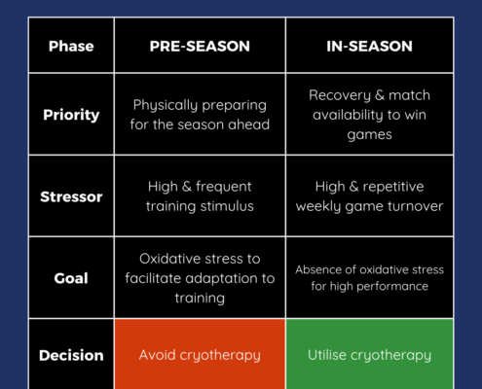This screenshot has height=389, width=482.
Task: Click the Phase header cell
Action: (x=71, y=46)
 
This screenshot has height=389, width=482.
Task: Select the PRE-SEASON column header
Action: (x=200, y=46)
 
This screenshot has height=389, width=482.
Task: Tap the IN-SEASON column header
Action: (x=369, y=46)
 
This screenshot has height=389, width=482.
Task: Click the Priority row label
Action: (x=71, y=115)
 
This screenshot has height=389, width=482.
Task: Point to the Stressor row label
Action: (x=71, y=196)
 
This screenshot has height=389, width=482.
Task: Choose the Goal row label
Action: (x=71, y=278)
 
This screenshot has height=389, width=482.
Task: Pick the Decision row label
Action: (x=71, y=355)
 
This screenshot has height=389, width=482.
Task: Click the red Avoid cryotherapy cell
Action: (x=200, y=354)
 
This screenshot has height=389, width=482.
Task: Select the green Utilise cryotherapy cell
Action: (x=369, y=354)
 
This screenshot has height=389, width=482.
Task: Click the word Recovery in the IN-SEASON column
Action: (x=340, y=95)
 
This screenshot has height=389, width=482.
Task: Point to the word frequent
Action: (x=224, y=187)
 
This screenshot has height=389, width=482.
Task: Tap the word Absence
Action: (x=314, y=269)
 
